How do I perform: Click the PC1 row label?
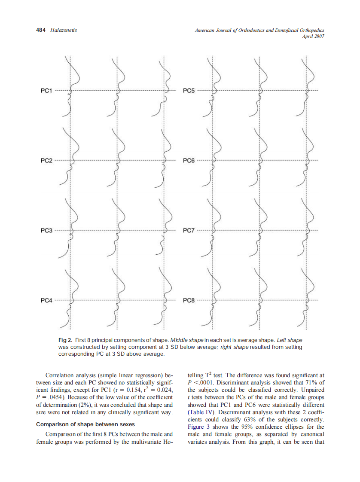coord(46,91)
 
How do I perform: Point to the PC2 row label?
coord(46,161)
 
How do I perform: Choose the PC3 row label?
coord(46,231)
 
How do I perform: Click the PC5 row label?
coord(189,91)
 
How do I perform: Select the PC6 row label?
coord(189,161)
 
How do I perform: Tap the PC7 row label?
coord(189,231)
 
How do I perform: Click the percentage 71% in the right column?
coord(312,383)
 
